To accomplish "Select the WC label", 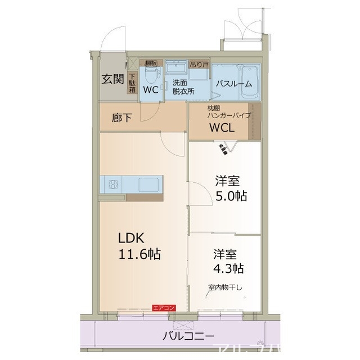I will click(150, 90).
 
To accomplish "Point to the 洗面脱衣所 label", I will click(183, 86).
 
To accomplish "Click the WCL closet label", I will click(222, 128).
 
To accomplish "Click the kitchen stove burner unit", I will click(112, 184).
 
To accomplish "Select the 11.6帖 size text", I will click(139, 254).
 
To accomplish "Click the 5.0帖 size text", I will click(231, 196).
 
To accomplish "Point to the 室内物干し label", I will click(224, 288).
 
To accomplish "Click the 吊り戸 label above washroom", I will click(199, 65).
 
